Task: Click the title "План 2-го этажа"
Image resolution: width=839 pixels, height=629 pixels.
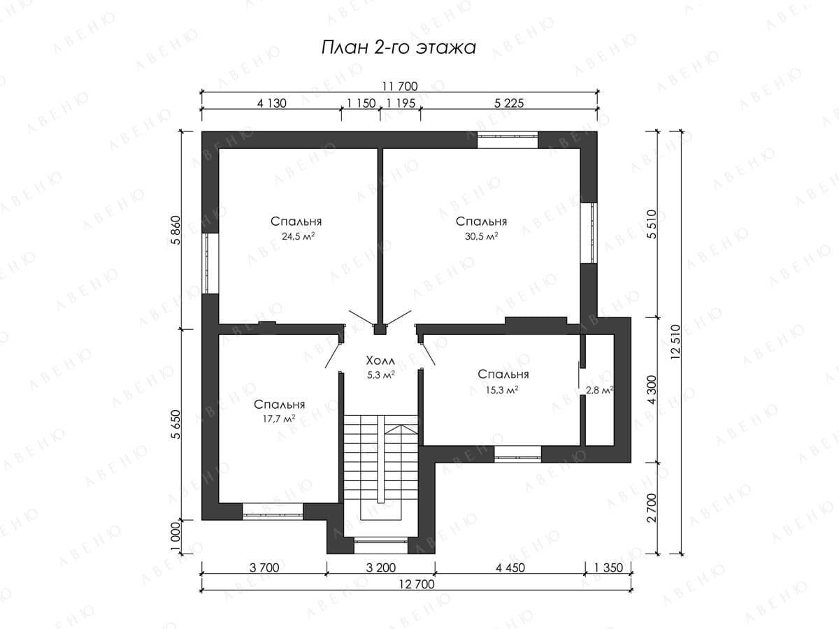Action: coord(399,48)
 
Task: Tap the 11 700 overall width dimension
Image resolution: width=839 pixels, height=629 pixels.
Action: coord(400,86)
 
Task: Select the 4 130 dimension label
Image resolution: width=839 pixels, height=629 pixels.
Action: coord(271,103)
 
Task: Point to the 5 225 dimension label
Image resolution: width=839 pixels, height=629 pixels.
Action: coord(509,103)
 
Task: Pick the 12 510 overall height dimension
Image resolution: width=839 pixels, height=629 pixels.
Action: coord(675,342)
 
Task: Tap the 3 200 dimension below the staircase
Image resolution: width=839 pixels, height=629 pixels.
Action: coord(381,568)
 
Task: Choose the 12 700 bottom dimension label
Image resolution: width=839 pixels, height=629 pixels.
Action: coord(417,584)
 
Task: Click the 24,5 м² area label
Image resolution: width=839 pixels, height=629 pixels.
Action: coord(298,236)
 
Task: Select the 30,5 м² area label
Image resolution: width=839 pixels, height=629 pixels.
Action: coord(481,236)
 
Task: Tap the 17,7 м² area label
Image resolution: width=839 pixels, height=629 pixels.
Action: coord(279,419)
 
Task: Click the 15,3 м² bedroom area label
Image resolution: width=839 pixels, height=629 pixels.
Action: coord(502,390)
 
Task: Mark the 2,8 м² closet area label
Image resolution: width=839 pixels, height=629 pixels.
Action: coord(599,390)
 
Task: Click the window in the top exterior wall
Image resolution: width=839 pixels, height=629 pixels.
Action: coord(508,140)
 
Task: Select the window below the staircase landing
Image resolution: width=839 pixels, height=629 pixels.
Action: coord(381,545)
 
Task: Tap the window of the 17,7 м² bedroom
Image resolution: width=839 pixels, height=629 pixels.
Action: coord(273,512)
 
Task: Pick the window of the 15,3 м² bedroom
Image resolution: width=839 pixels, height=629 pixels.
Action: coord(517,454)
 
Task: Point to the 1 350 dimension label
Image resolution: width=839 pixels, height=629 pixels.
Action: coord(608,568)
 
